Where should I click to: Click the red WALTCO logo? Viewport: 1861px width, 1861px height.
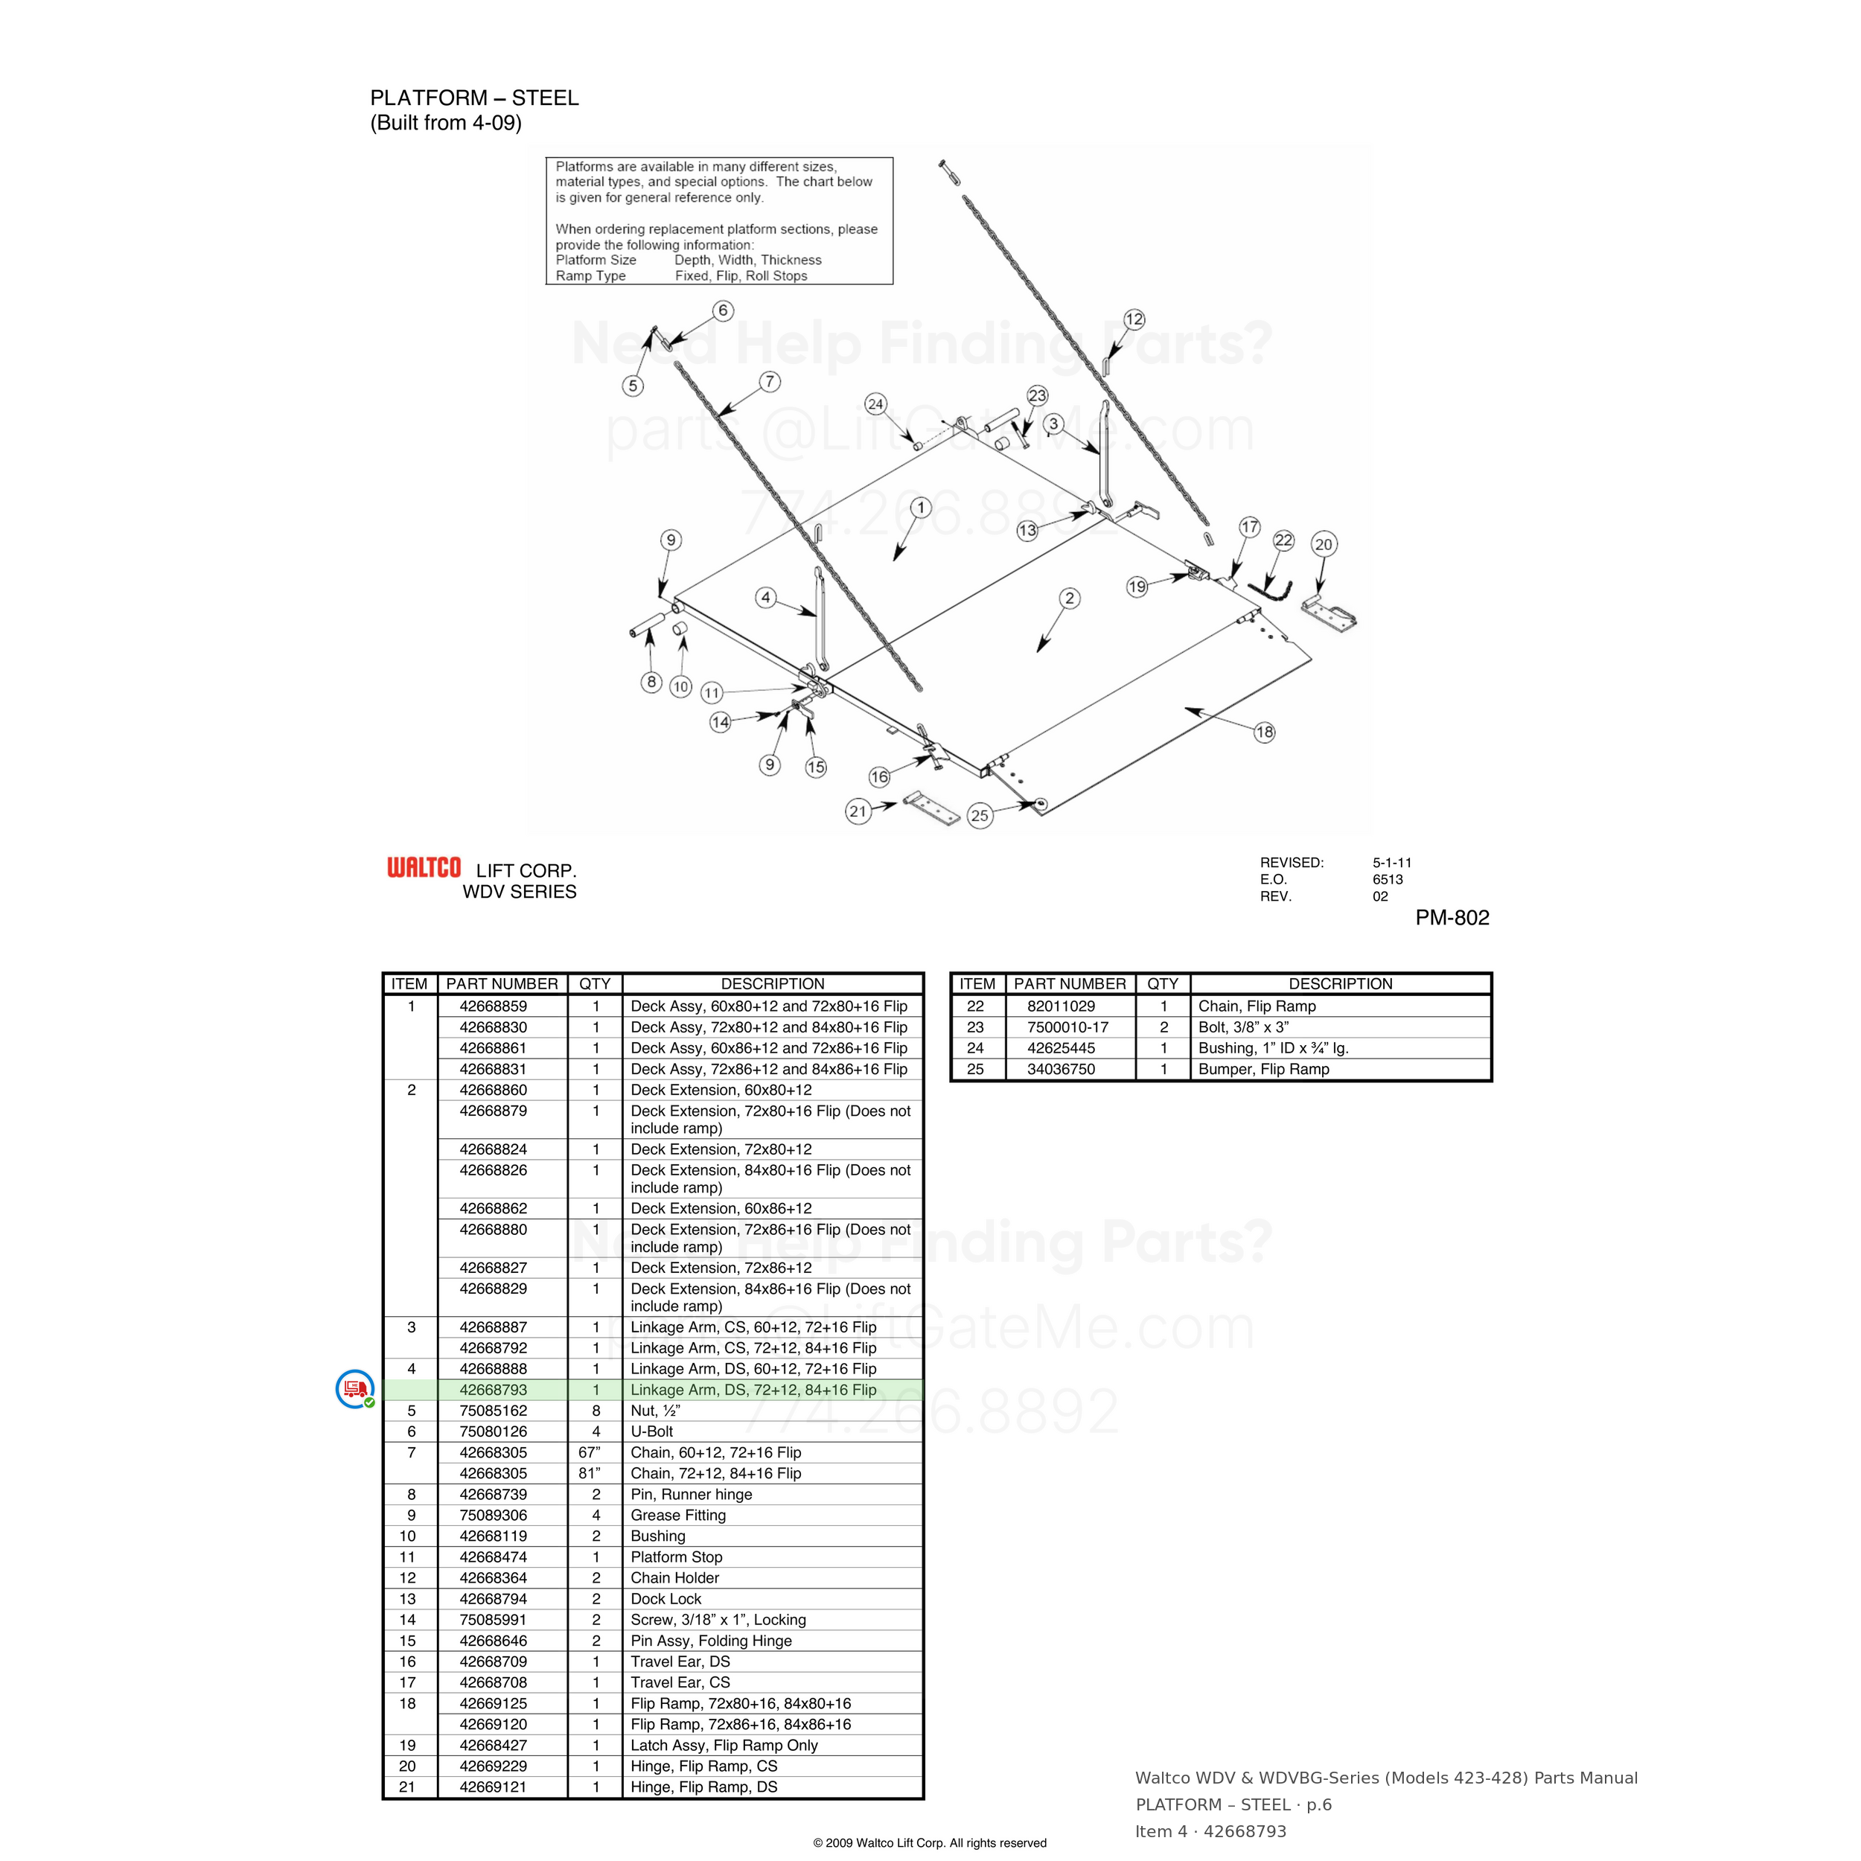424,868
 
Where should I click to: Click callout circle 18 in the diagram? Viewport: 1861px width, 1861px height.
1265,732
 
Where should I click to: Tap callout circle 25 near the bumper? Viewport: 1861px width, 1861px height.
980,816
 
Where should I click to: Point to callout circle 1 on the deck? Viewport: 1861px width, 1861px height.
921,508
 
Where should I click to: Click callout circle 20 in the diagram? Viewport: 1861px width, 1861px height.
1324,544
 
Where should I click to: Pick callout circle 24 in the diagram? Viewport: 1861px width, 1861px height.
875,404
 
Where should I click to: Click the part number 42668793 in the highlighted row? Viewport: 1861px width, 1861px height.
494,1390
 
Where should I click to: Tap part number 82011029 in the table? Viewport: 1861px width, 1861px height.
1061,1006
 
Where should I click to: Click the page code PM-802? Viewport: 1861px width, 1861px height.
1452,918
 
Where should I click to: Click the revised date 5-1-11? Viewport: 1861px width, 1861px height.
1392,863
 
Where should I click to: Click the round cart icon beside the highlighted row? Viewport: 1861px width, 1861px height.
354,1389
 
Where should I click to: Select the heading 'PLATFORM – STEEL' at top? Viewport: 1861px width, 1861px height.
474,98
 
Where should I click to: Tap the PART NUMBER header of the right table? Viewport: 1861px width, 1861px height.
1069,983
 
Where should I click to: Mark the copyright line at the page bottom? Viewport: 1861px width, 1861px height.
930,1842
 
